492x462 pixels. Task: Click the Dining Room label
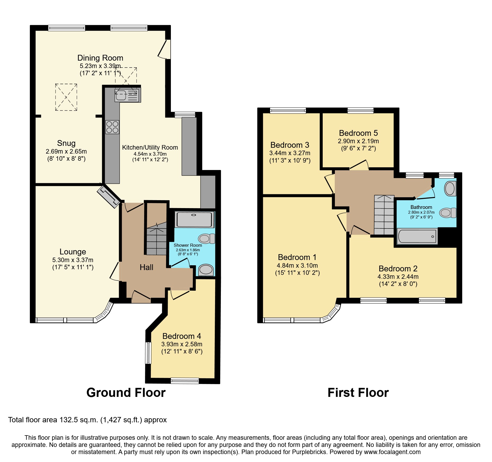click(100, 58)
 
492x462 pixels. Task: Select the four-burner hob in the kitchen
click(112, 127)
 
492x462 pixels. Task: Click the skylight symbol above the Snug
click(66, 97)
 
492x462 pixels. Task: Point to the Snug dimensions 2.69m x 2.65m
click(66, 151)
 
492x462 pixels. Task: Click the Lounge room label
click(73, 252)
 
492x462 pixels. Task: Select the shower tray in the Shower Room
click(194, 219)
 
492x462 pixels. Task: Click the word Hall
click(146, 267)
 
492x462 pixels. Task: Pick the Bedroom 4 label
click(181, 336)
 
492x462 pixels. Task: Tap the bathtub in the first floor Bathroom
click(417, 236)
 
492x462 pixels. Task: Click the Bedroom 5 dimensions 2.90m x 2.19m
click(358, 141)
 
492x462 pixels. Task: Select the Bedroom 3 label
click(290, 145)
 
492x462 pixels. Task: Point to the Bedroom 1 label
click(297, 257)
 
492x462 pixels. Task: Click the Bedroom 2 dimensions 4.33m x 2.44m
click(398, 277)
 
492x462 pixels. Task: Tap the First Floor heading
click(358, 393)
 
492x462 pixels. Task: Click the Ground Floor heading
click(126, 393)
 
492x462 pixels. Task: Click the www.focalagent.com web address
click(392, 452)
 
